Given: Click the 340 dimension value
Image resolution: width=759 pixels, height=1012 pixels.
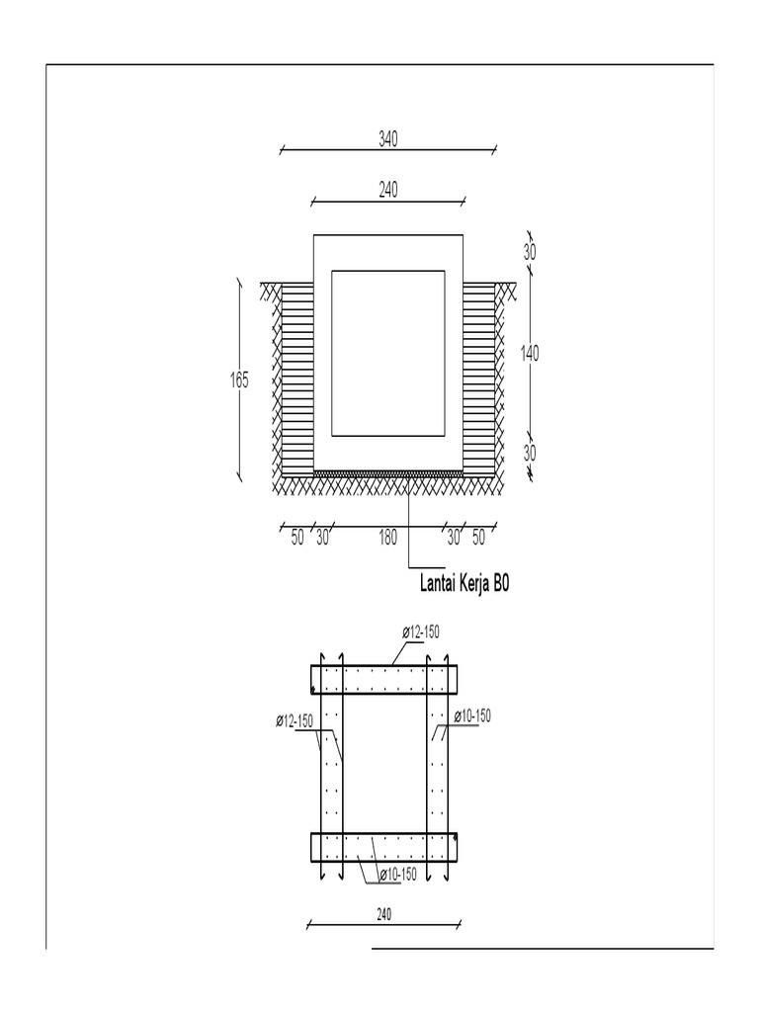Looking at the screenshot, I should pos(387,139).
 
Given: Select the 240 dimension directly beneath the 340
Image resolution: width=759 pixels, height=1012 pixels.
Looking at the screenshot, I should pos(387,191).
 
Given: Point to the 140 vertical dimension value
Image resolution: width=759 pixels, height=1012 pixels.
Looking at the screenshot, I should pos(530,353).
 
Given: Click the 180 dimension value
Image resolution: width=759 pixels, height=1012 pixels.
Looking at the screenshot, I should pos(387,538).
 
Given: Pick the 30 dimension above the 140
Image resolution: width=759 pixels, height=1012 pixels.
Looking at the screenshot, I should pos(530,252).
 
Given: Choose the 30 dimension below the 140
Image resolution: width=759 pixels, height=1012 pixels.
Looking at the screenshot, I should pos(530,454).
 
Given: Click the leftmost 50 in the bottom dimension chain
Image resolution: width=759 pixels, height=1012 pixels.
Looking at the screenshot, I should pos(297,538).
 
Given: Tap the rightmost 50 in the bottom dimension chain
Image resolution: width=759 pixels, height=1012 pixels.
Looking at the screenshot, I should pos(478,538).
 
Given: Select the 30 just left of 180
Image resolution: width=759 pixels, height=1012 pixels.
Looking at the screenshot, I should pos(322,538).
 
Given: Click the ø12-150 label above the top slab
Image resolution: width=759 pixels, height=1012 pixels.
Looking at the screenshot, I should pos(421,632).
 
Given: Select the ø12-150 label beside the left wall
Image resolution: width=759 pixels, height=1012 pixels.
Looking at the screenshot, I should pos(295,721).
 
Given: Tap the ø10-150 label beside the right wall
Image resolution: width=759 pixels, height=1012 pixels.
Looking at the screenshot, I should pos(472,717).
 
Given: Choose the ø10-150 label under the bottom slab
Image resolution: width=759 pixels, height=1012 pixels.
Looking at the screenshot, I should pos(398,874).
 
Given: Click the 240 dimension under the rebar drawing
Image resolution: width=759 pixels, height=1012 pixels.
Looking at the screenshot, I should pos(384,915).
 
